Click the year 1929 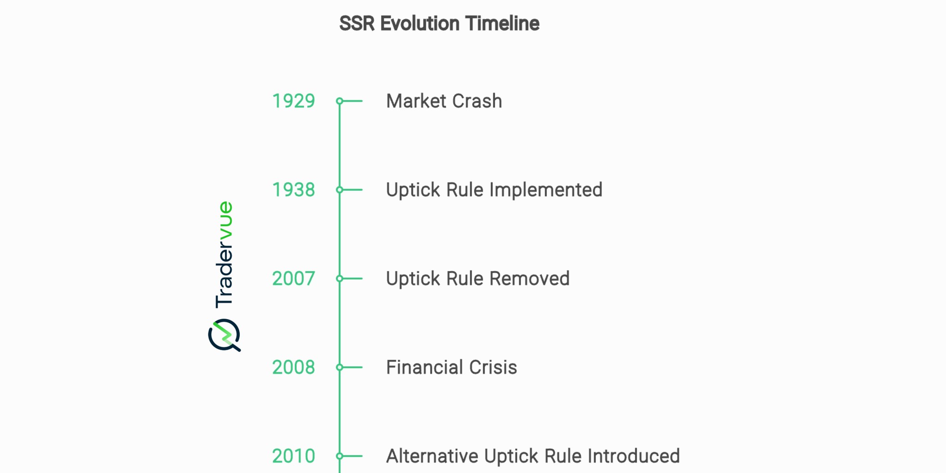293,101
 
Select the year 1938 293,190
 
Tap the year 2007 293,279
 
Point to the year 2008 293,367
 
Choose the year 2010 293,456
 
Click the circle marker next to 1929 340,101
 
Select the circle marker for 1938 340,190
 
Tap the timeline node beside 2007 340,279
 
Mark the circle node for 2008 340,367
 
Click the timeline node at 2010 340,456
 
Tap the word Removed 529,279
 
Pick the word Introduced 633,456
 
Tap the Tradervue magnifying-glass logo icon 224,335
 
